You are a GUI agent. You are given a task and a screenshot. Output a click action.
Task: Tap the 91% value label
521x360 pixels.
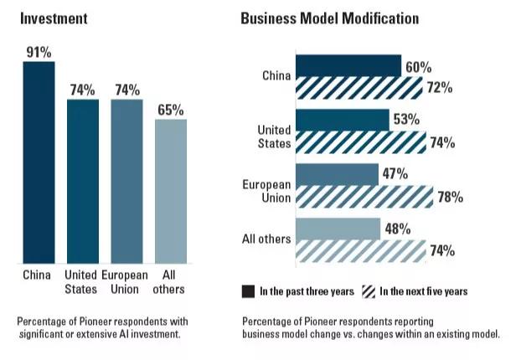click(38, 52)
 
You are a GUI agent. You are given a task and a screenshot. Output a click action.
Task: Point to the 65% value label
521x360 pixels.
click(170, 110)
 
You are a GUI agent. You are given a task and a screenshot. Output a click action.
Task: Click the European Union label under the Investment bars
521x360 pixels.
click(126, 281)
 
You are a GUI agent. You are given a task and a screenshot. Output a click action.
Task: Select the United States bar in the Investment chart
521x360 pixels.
click(81, 180)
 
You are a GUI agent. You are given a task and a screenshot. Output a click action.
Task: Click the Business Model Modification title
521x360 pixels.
click(330, 18)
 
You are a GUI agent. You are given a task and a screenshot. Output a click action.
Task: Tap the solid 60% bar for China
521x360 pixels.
click(348, 66)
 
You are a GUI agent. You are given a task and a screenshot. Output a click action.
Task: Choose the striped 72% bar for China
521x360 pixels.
click(359, 87)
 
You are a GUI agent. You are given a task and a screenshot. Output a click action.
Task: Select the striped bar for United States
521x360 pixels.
click(360, 141)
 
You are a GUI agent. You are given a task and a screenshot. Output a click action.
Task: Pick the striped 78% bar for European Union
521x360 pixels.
click(364, 197)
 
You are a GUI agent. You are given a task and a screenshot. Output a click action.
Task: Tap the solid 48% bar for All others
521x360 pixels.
click(337, 229)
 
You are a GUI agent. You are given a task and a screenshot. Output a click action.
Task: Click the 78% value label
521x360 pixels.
click(451, 198)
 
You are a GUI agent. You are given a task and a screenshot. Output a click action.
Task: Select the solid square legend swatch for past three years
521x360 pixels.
click(248, 291)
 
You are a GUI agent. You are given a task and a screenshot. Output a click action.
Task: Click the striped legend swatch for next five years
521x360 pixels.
click(367, 291)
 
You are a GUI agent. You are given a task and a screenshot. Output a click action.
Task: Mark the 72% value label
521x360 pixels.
click(440, 88)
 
